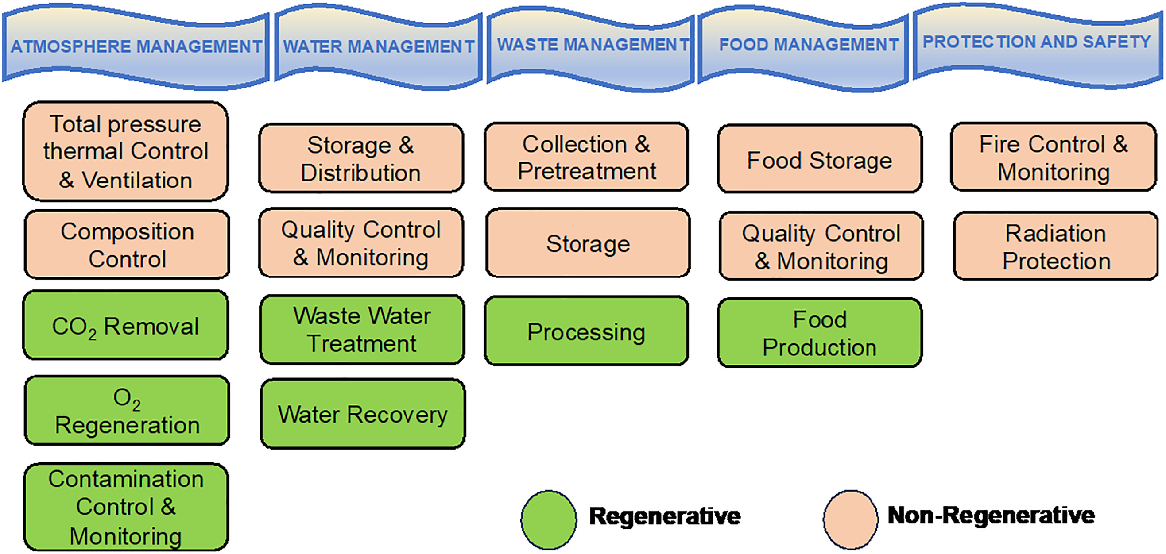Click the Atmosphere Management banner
coord(136,46)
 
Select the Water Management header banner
coord(378,46)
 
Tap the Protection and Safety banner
coord(1037,43)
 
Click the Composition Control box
coord(127,245)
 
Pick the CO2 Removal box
coord(126,326)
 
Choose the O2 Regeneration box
coord(127,411)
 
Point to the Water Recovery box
coord(363,414)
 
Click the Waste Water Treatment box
coord(362,330)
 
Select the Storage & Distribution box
coord(361,158)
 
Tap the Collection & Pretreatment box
coord(587,157)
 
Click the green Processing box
coord(587,331)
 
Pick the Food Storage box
coord(820,160)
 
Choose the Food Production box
coord(820,333)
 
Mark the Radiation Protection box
coord(1056,246)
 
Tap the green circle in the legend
coord(549,520)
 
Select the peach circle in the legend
coord(851,520)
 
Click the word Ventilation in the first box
coord(137,180)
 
